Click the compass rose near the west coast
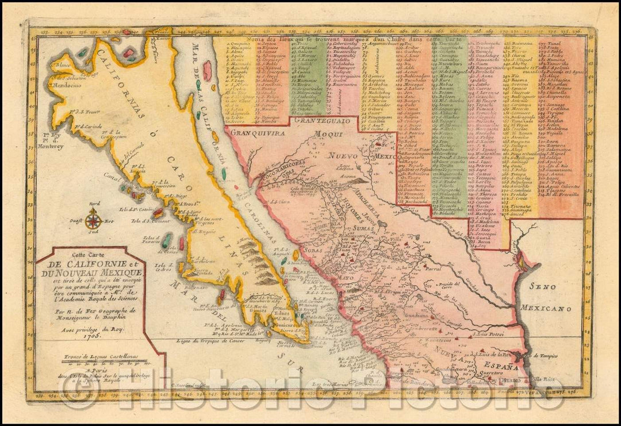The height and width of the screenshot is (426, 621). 94,218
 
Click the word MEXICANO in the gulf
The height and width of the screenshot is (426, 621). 546,309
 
